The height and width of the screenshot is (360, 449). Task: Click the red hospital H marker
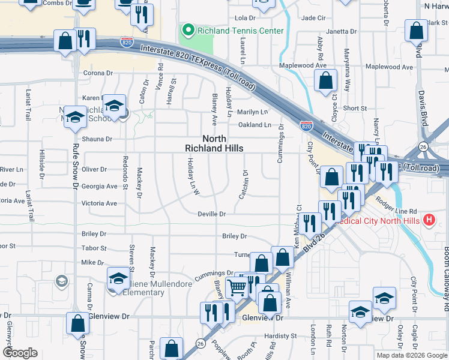(x=429, y=220)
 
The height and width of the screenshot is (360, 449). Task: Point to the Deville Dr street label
(x=212, y=214)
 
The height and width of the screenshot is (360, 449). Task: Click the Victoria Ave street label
(x=99, y=203)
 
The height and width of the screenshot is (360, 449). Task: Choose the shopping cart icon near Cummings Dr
(x=237, y=289)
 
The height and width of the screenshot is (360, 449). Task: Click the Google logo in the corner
(x=20, y=352)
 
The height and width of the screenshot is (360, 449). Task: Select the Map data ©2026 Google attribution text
(x=411, y=355)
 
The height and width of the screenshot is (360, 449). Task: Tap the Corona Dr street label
(x=98, y=73)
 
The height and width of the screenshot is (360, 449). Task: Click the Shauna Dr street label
(x=97, y=139)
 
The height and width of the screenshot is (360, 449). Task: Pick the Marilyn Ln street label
(x=252, y=112)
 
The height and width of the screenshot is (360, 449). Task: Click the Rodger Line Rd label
(x=396, y=211)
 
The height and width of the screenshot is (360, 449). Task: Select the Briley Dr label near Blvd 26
(x=234, y=236)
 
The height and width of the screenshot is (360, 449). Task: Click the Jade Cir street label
(x=313, y=18)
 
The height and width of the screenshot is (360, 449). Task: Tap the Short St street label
(x=355, y=108)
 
